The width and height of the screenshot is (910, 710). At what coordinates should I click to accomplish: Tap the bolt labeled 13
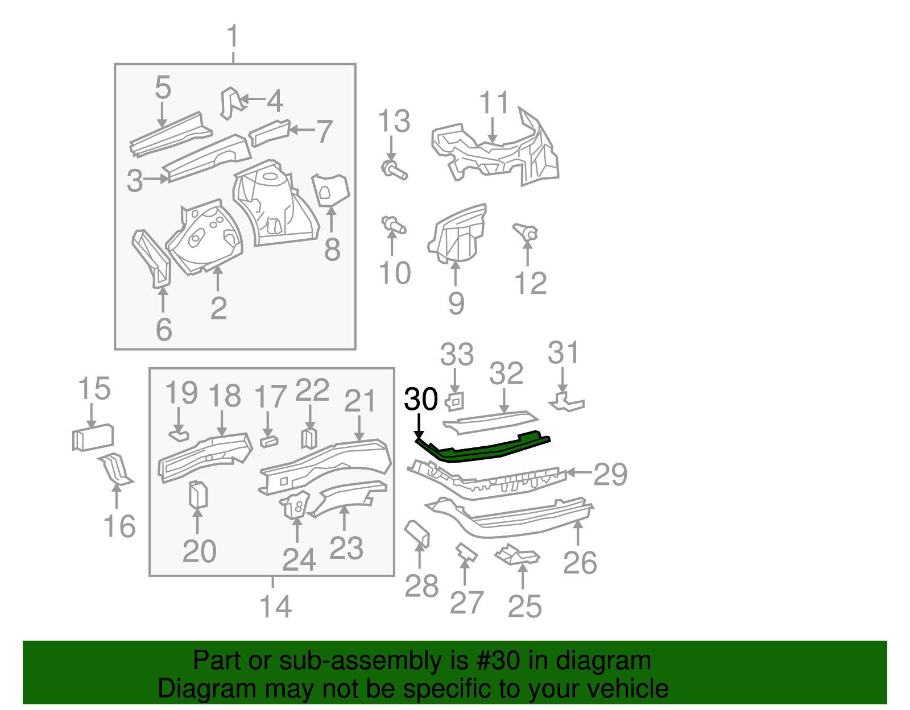[393, 169]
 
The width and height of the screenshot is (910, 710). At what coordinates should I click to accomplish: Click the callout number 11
[494, 103]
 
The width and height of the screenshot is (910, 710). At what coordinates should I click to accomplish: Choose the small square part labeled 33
[455, 401]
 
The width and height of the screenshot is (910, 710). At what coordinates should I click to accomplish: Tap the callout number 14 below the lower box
[275, 607]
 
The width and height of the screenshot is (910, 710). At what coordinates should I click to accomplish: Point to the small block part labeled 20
[197, 493]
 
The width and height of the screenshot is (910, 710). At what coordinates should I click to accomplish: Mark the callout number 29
[610, 474]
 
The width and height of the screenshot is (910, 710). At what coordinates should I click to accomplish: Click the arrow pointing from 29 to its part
[579, 472]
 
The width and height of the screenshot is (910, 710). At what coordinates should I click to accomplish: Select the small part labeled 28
[417, 533]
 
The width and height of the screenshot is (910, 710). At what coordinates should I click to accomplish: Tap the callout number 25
[524, 607]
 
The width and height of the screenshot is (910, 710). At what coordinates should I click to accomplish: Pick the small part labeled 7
[270, 132]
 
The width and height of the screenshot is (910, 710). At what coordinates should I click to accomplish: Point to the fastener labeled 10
[392, 225]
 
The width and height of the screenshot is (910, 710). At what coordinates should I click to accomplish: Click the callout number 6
[164, 330]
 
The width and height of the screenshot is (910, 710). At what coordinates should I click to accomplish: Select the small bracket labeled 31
[565, 402]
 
